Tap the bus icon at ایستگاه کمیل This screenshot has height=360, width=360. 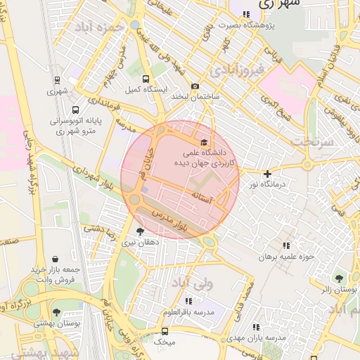coord(146,79)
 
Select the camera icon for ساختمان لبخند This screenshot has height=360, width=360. coord(195,86)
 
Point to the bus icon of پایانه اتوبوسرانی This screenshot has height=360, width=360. coord(76,110)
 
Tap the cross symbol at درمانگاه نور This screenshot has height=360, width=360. coord(266,174)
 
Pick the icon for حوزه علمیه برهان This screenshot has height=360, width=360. coord(286,245)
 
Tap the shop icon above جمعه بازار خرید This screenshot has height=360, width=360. coord(56,259)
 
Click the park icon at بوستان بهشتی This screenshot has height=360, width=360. coord(56,312)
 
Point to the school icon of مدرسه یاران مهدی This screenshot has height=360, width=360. coord(256,327)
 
